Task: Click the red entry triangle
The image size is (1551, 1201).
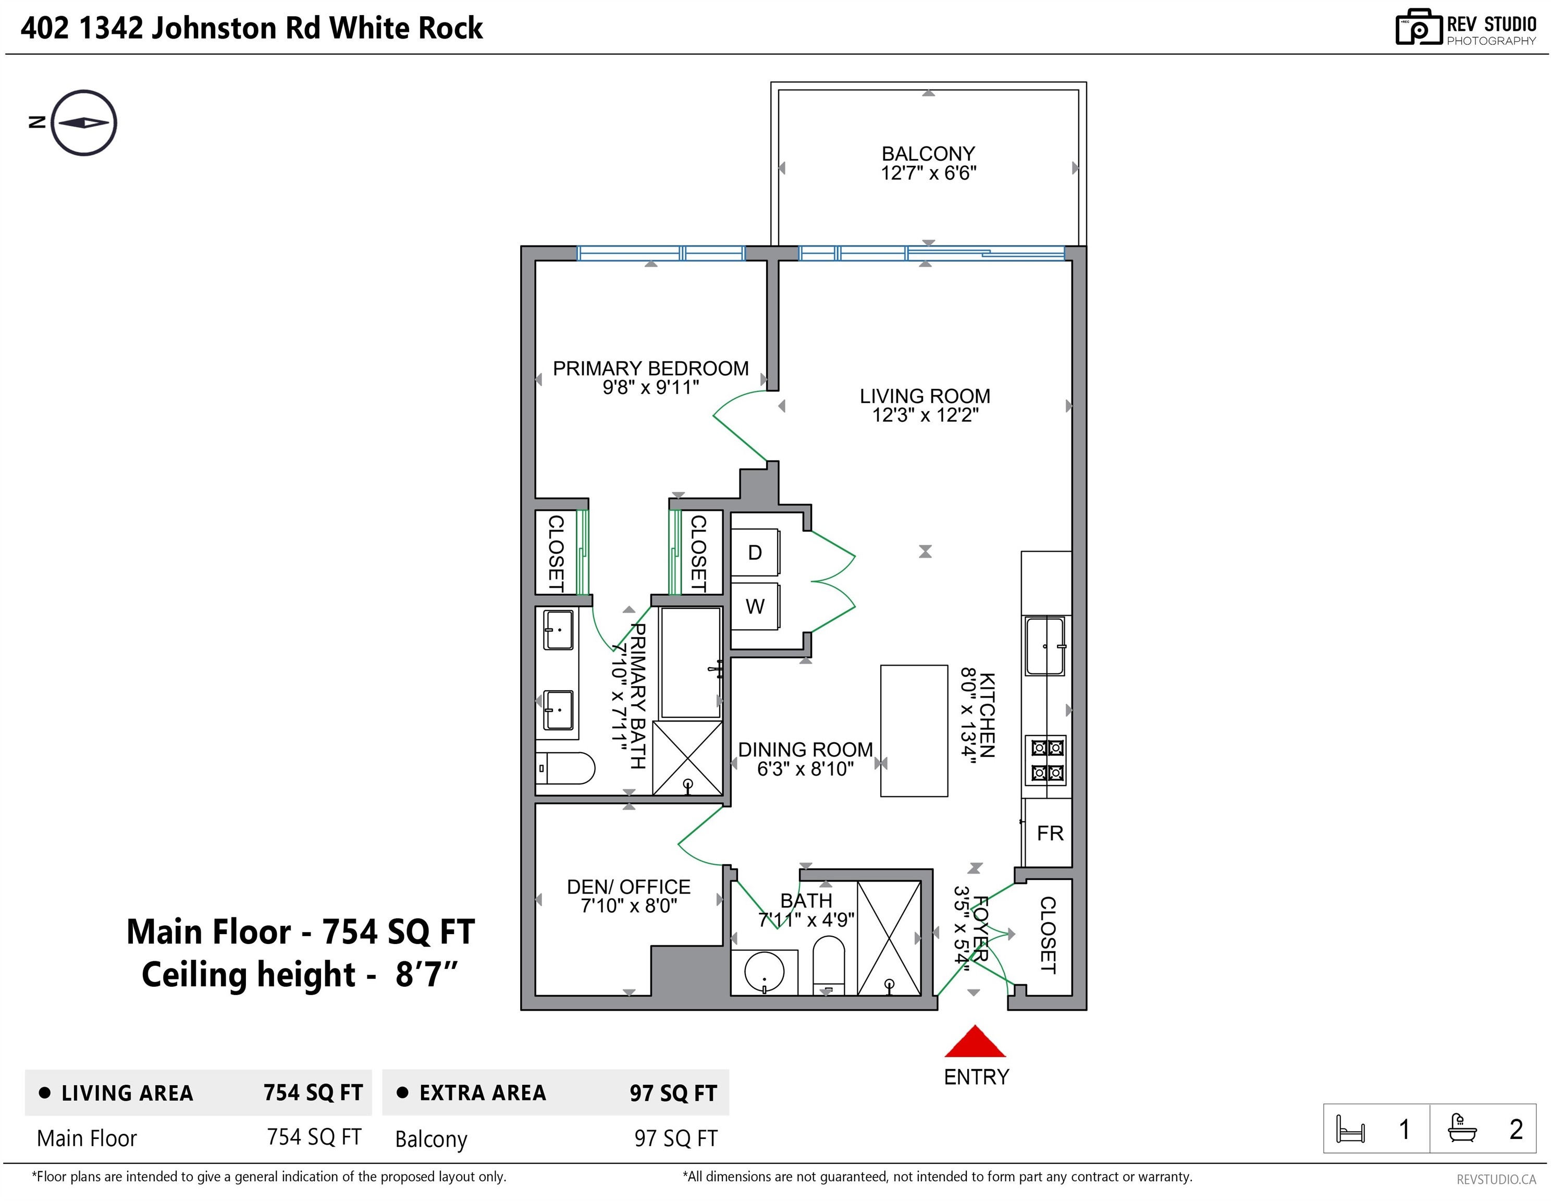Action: point(975,1041)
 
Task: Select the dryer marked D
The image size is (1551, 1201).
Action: point(755,553)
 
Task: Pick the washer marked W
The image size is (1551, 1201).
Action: point(755,607)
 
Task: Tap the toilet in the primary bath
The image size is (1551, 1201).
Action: point(565,768)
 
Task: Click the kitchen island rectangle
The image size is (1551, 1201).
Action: point(914,730)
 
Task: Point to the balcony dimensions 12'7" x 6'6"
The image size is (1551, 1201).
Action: point(928,173)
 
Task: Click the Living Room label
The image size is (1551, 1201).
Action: point(925,396)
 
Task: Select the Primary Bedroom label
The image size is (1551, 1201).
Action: point(650,368)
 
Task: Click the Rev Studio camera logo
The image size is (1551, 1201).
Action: point(1418,27)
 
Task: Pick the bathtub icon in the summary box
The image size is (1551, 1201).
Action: point(1461,1128)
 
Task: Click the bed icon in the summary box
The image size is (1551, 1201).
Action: point(1350,1129)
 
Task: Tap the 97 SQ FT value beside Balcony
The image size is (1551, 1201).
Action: point(675,1138)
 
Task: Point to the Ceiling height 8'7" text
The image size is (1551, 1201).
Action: point(300,974)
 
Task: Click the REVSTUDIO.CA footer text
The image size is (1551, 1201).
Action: point(1496,1180)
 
